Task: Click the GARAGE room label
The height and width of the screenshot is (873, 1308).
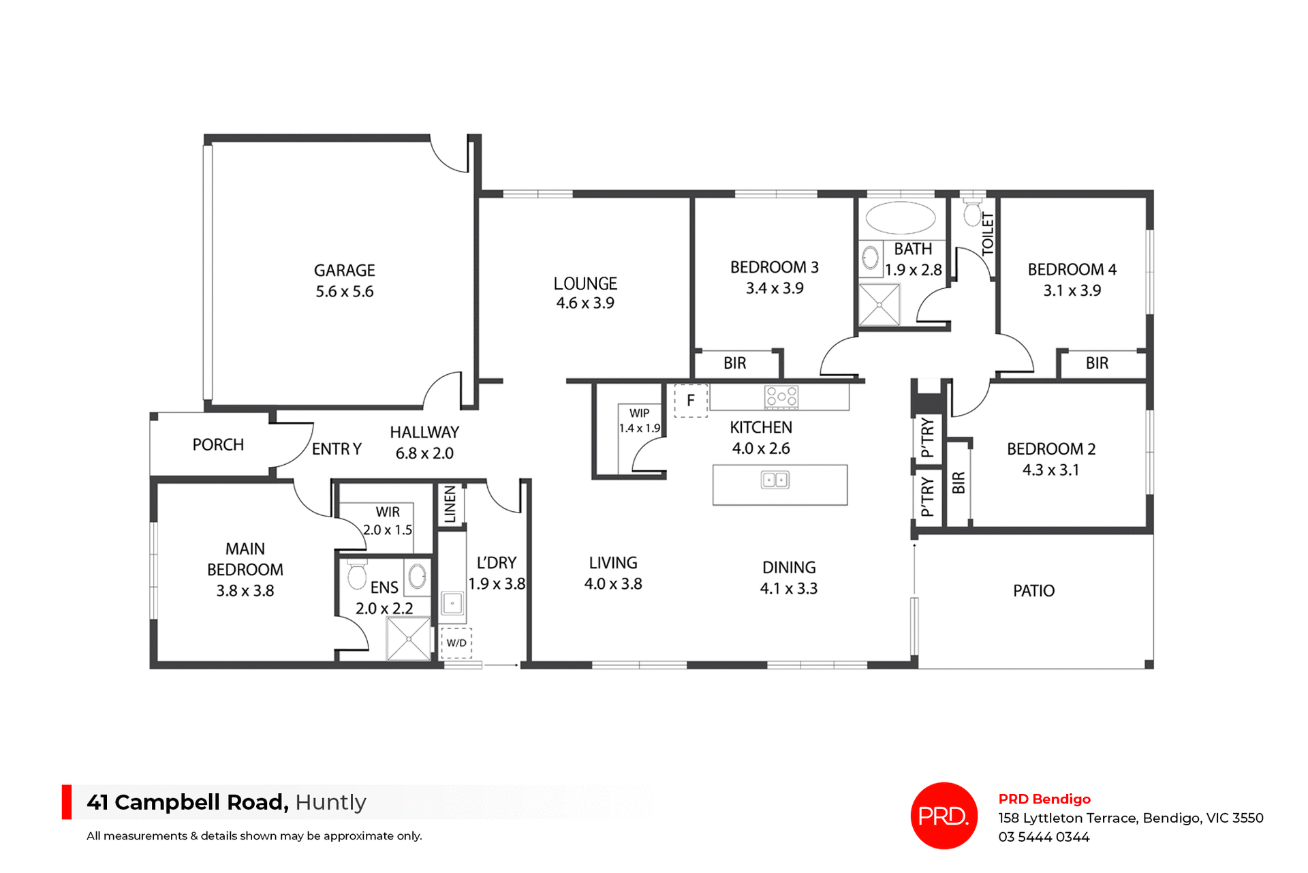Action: [x=344, y=271]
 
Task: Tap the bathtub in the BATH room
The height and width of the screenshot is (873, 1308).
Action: [x=900, y=218]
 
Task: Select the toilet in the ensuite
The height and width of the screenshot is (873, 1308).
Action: [x=356, y=575]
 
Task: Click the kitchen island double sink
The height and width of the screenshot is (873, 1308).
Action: [x=775, y=480]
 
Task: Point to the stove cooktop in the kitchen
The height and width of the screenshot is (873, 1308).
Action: [x=781, y=396]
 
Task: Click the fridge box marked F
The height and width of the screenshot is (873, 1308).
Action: [x=691, y=400]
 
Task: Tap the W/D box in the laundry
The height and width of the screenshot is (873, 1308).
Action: [x=456, y=643]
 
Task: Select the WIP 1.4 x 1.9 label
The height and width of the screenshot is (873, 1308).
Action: [x=639, y=420]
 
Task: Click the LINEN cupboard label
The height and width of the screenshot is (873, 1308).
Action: [x=450, y=504]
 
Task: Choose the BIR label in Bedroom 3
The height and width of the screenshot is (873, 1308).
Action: [x=734, y=363]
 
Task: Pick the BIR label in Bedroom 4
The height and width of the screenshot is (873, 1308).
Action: [x=1097, y=363]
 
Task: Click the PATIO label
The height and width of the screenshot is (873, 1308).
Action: [x=1033, y=591]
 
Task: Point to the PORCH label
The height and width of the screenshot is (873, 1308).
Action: [x=218, y=445]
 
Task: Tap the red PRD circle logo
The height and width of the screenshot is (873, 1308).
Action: [x=944, y=816]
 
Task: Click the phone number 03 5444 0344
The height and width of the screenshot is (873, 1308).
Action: [x=1044, y=837]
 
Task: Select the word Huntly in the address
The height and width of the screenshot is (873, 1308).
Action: [x=331, y=802]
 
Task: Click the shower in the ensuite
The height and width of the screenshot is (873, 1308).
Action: [x=409, y=639]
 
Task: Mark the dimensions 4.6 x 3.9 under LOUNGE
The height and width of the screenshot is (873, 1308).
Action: [x=585, y=303]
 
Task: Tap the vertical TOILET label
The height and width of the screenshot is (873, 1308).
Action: [x=988, y=234]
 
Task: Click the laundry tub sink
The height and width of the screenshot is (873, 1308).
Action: [x=452, y=603]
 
